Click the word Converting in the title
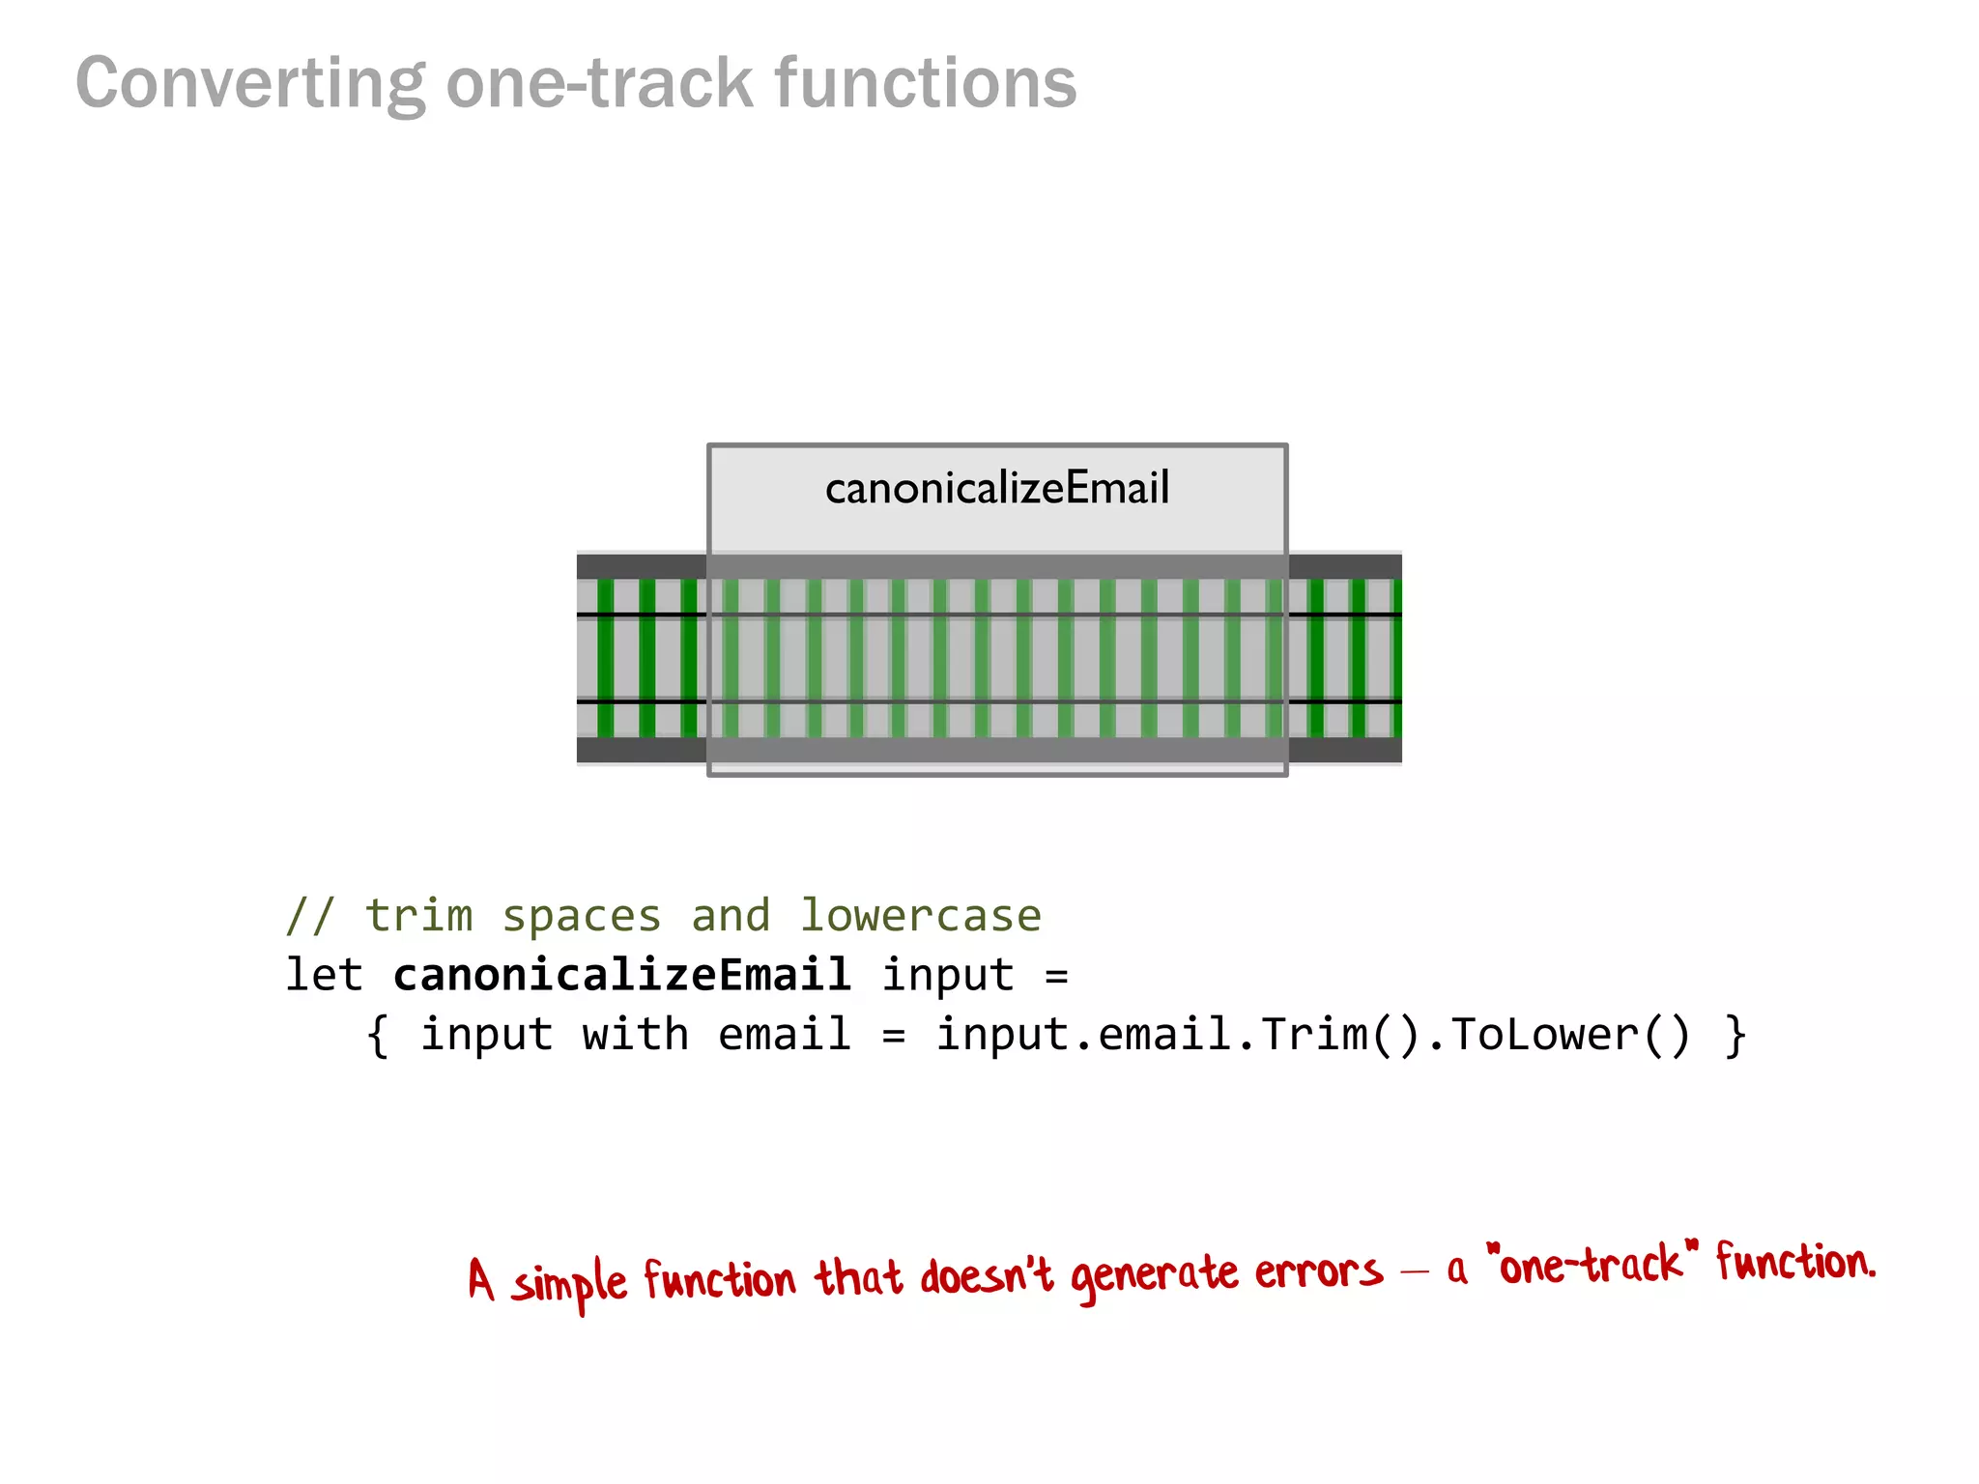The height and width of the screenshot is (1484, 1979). [x=250, y=84]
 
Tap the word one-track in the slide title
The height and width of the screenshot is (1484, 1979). [x=599, y=83]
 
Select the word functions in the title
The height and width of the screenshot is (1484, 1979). [x=925, y=83]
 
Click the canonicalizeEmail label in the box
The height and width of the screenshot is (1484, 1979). [x=997, y=488]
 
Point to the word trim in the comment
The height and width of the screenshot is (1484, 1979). [x=419, y=915]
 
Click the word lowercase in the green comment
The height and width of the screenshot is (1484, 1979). [x=920, y=915]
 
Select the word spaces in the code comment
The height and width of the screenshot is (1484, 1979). [x=582, y=915]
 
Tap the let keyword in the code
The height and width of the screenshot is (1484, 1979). [x=324, y=974]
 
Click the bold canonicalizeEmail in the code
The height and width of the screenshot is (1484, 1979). [x=621, y=974]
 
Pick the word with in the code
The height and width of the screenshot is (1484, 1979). [x=635, y=1034]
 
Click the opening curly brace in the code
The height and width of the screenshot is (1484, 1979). [x=378, y=1036]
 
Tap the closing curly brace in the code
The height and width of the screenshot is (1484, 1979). [x=1735, y=1036]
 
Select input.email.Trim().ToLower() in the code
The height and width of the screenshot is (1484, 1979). [x=1313, y=1034]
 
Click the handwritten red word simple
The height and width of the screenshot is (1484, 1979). [x=569, y=1283]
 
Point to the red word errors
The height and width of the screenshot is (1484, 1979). [x=1318, y=1271]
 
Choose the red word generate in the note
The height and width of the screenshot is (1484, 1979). [x=1154, y=1275]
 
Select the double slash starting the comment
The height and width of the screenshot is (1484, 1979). [x=310, y=915]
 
